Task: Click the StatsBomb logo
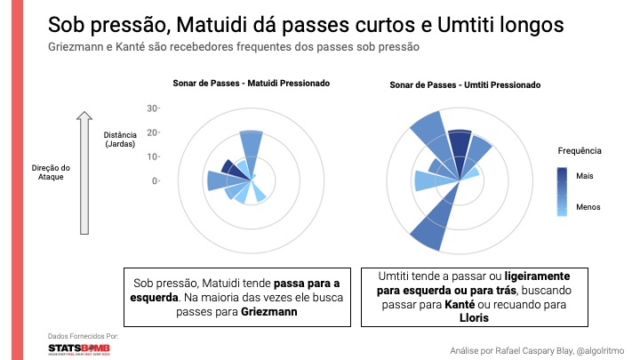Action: (83, 349)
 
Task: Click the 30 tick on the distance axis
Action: (152, 108)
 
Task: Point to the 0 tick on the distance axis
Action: (155, 180)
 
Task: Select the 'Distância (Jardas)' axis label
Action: (120, 140)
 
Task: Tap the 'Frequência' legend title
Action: (579, 150)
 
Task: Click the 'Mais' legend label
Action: (584, 176)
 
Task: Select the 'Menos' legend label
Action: (588, 207)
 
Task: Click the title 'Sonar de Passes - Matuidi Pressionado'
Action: (251, 84)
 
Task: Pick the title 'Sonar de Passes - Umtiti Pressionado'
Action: (466, 85)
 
